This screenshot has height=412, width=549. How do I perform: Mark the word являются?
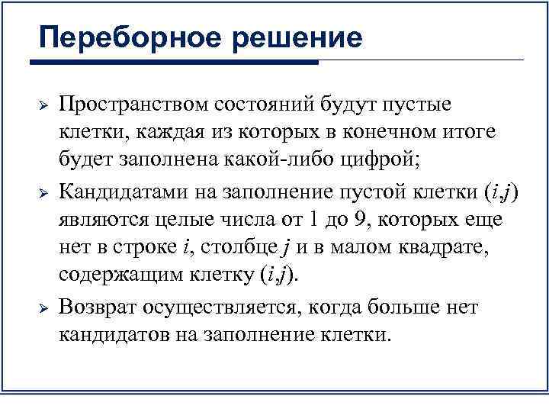(x=98, y=220)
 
